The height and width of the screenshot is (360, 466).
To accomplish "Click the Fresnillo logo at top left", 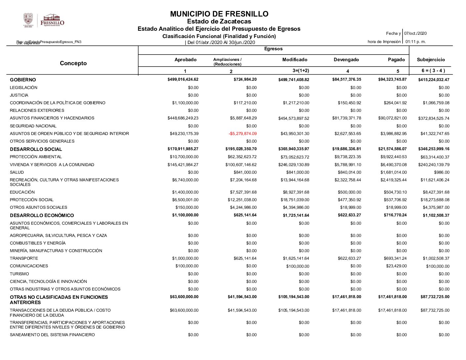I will [44, 20].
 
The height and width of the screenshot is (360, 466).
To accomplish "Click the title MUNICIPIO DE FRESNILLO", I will [219, 14].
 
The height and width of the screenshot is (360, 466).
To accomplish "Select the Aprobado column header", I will [185, 60].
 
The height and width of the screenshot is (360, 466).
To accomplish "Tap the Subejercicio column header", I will [431, 60].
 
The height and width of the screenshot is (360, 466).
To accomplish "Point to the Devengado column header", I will [346, 60].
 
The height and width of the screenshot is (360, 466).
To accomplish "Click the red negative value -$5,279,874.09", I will [242, 134].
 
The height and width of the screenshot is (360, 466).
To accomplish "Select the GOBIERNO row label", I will [23, 80].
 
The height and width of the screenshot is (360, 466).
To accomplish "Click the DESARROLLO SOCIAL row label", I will [36, 149].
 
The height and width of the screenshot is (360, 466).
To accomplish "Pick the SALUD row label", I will [17, 172].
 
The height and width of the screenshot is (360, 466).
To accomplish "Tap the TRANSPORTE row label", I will [24, 258].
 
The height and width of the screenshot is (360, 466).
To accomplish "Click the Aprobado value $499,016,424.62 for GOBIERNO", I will [183, 79].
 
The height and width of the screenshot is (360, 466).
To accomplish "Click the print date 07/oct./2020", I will [415, 33].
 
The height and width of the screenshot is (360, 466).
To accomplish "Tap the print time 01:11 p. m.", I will [415, 42].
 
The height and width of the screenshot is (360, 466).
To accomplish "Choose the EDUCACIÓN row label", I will [22, 192].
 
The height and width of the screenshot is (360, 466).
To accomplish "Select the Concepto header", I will [73, 63].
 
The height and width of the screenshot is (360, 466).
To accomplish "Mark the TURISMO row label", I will [19, 274].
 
